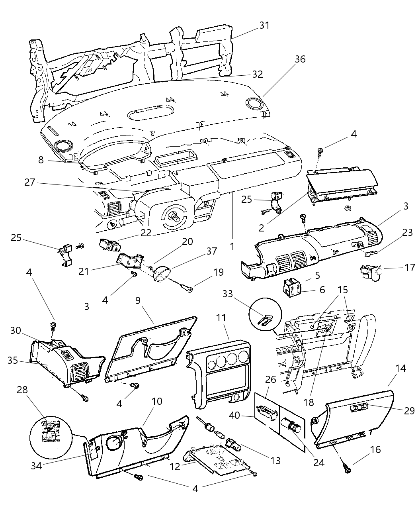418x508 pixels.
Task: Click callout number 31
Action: (x=264, y=25)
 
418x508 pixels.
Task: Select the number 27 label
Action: (x=30, y=182)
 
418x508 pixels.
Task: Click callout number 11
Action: (x=221, y=318)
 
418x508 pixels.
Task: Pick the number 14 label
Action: (x=400, y=368)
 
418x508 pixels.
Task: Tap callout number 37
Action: (x=211, y=251)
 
